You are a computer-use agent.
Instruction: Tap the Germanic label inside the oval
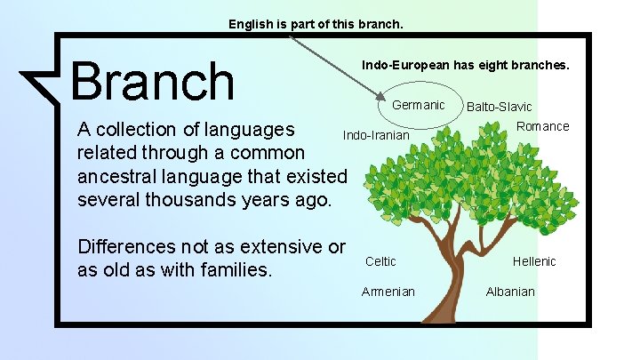pyautogui.click(x=419, y=105)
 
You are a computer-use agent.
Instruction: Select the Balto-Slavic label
pyautogui.click(x=500, y=108)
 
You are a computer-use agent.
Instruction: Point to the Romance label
pyautogui.click(x=542, y=126)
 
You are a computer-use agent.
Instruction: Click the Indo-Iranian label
pyautogui.click(x=376, y=136)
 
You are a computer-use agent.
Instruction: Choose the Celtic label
pyautogui.click(x=381, y=261)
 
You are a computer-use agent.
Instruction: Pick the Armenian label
pyautogui.click(x=388, y=292)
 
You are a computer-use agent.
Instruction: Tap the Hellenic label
pyautogui.click(x=534, y=261)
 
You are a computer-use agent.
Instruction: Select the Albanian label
pyautogui.click(x=510, y=292)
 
